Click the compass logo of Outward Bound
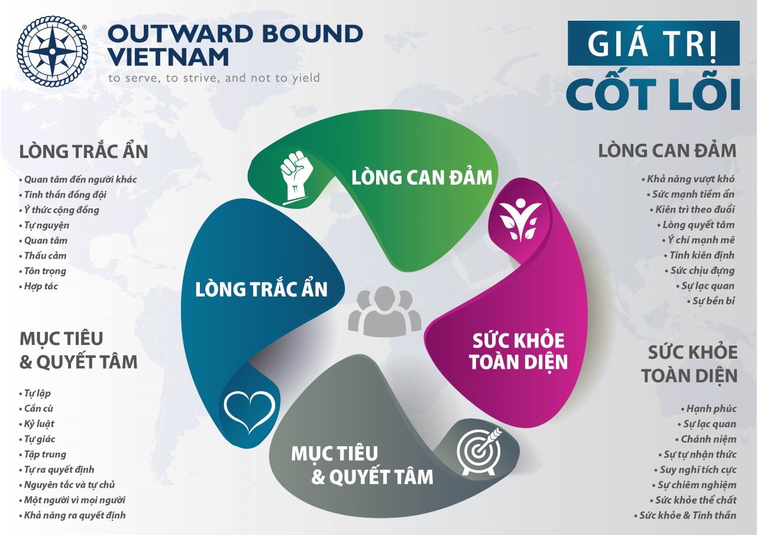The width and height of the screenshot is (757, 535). click(x=52, y=51)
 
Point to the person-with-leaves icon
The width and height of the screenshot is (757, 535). click(x=520, y=220)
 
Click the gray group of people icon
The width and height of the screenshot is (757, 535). click(x=384, y=311)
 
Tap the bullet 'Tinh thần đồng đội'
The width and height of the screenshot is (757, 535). click(x=63, y=195)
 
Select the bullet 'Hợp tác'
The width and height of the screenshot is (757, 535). click(x=38, y=286)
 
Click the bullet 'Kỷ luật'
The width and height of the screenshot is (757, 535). click(x=37, y=424)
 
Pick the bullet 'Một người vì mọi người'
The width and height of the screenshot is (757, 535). click(x=72, y=500)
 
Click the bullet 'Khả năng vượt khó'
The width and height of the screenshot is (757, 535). click(x=688, y=179)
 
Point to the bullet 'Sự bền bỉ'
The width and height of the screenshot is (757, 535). click(x=711, y=301)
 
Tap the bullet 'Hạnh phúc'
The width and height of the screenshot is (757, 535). click(x=709, y=409)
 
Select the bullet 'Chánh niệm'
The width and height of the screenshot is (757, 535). click(x=706, y=439)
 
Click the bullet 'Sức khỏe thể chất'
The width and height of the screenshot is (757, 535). click(x=693, y=500)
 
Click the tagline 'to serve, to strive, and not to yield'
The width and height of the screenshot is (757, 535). click(x=214, y=78)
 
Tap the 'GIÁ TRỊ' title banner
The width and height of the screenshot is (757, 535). click(x=654, y=43)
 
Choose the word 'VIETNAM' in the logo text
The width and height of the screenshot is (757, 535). click(x=169, y=56)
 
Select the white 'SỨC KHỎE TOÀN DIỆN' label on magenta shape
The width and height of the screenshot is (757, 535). click(x=519, y=352)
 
